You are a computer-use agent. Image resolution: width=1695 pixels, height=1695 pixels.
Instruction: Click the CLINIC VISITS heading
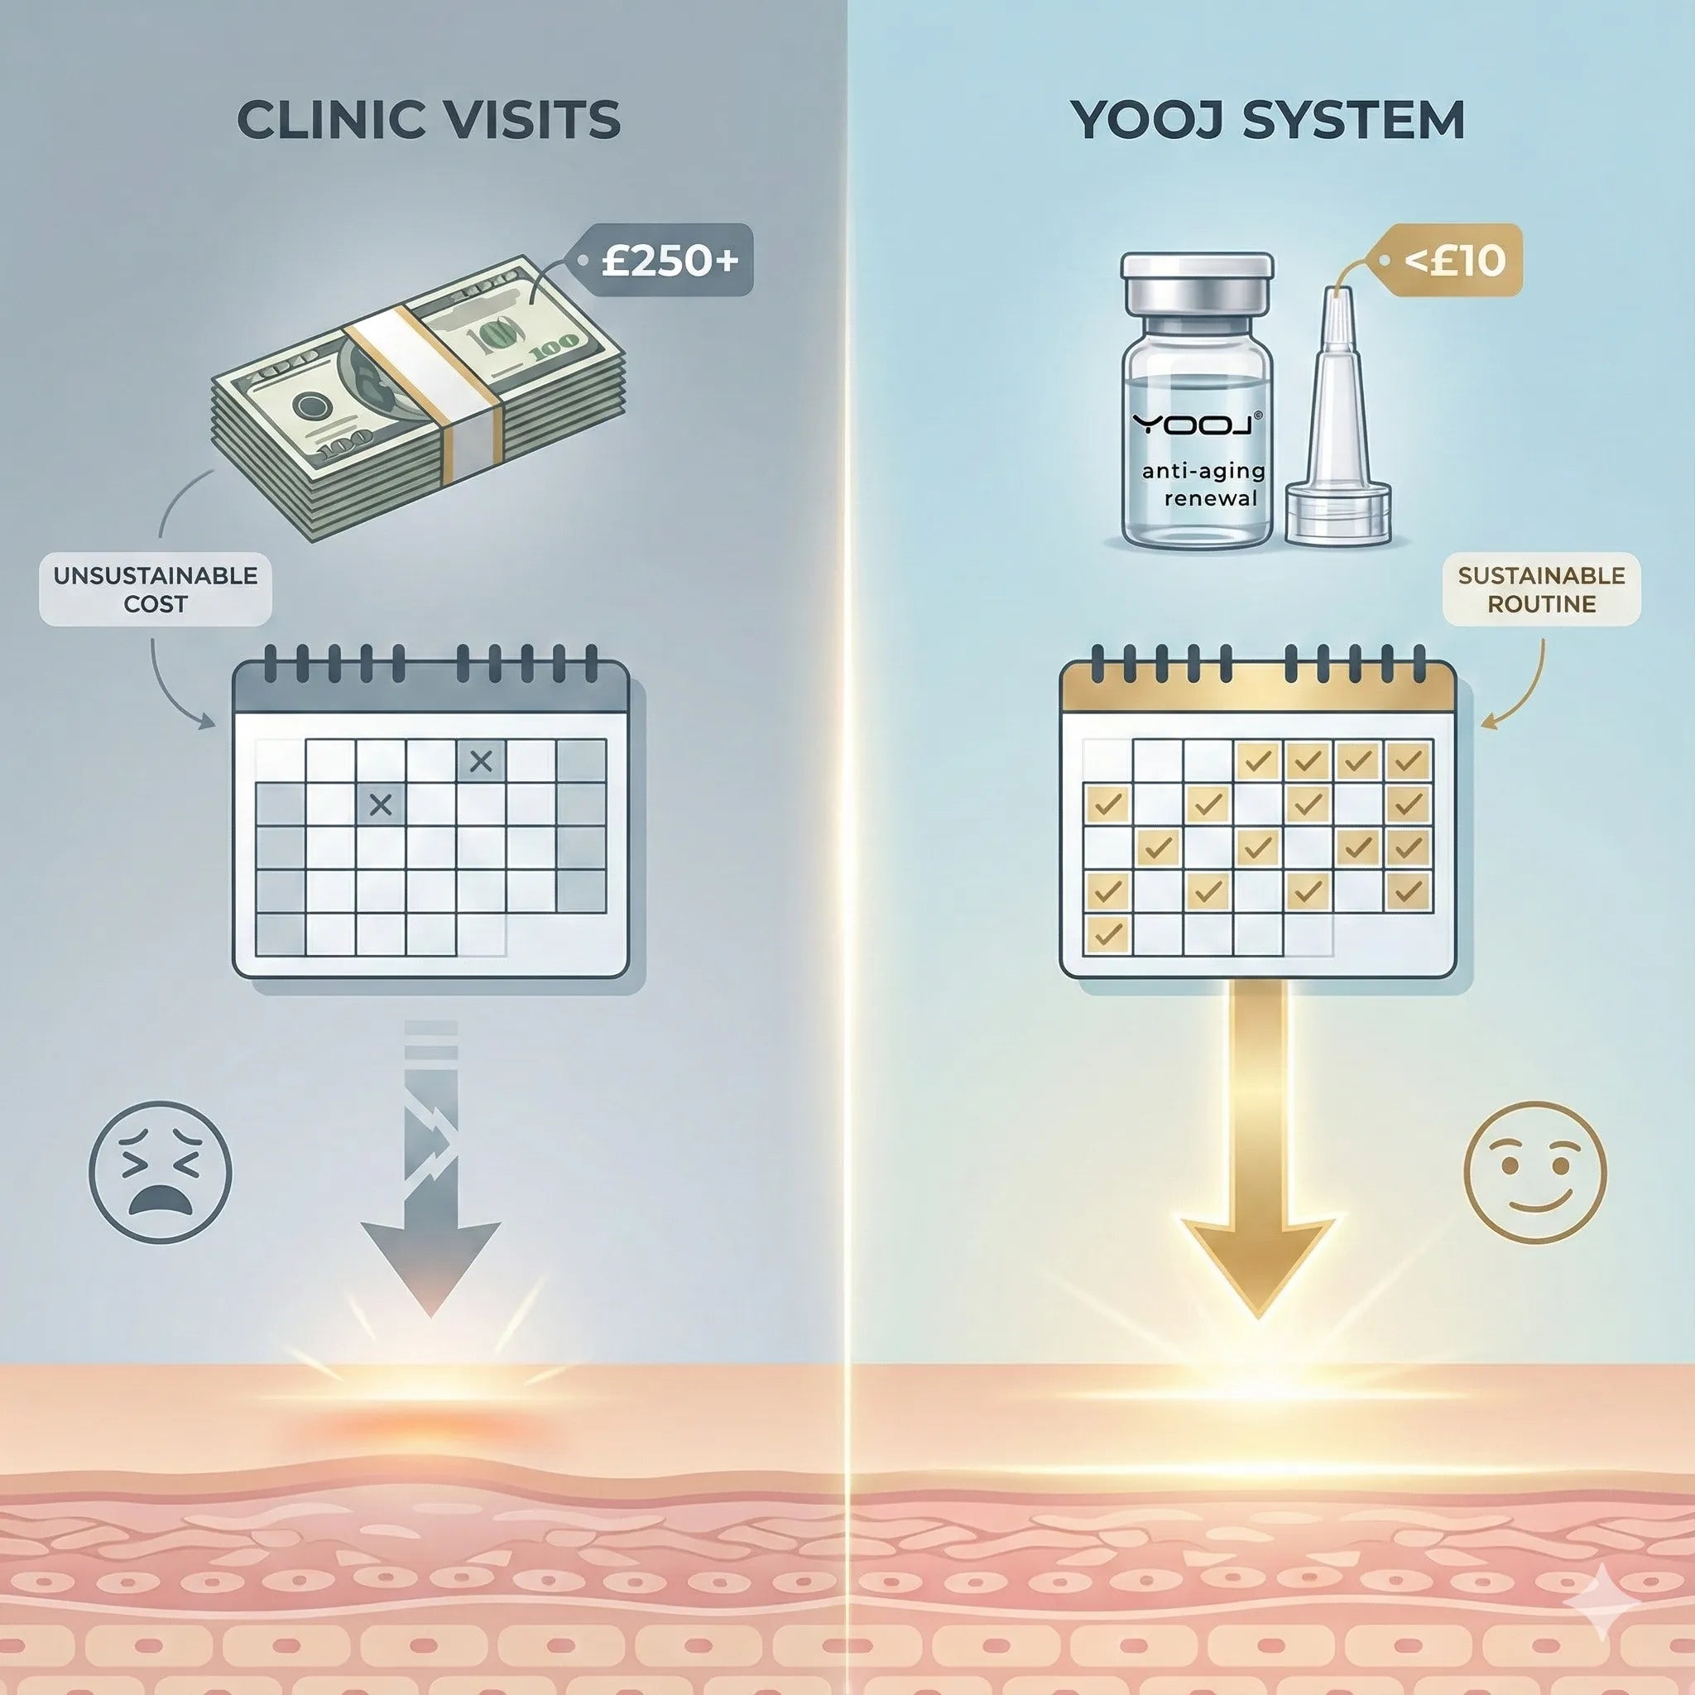(428, 120)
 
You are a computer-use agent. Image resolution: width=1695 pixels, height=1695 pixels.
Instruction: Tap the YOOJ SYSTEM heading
(1267, 120)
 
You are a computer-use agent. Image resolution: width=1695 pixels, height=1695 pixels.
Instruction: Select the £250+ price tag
(661, 261)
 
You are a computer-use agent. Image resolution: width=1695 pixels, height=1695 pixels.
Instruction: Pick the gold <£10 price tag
(1447, 261)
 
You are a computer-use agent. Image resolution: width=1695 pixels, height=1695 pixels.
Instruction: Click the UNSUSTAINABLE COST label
(156, 589)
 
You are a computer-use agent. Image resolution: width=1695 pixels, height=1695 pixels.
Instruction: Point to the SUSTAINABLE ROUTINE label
(1541, 589)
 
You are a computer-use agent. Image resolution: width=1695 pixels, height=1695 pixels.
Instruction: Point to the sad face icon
(161, 1172)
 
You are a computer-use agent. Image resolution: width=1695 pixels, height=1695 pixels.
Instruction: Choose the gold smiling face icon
(1535, 1172)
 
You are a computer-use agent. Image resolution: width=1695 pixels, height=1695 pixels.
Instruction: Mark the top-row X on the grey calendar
(481, 761)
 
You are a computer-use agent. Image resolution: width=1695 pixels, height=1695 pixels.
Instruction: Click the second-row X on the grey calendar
(381, 804)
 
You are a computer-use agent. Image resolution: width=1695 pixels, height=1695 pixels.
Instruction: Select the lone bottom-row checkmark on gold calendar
(1108, 934)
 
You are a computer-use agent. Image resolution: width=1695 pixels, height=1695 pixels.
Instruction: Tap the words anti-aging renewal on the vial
(1203, 484)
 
